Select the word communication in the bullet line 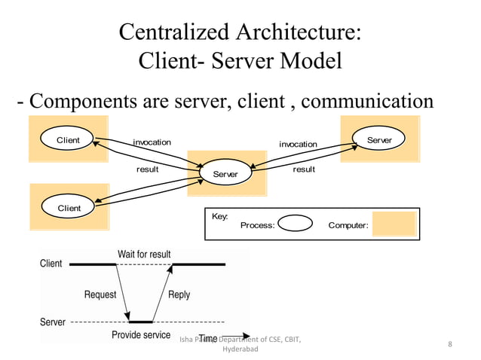(x=367, y=101)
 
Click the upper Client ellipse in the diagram (x=69, y=141)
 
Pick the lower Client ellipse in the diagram (x=69, y=208)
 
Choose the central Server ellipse (x=225, y=174)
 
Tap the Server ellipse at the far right (x=379, y=141)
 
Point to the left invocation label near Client (x=152, y=142)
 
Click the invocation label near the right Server (x=298, y=144)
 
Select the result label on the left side (x=147, y=169)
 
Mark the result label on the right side (x=304, y=169)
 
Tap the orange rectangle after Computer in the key (x=394, y=224)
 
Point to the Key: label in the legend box (x=219, y=216)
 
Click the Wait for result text (x=144, y=255)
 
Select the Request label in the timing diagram (x=100, y=294)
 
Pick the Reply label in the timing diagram (x=179, y=294)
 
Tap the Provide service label (x=141, y=334)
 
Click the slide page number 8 (x=449, y=345)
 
